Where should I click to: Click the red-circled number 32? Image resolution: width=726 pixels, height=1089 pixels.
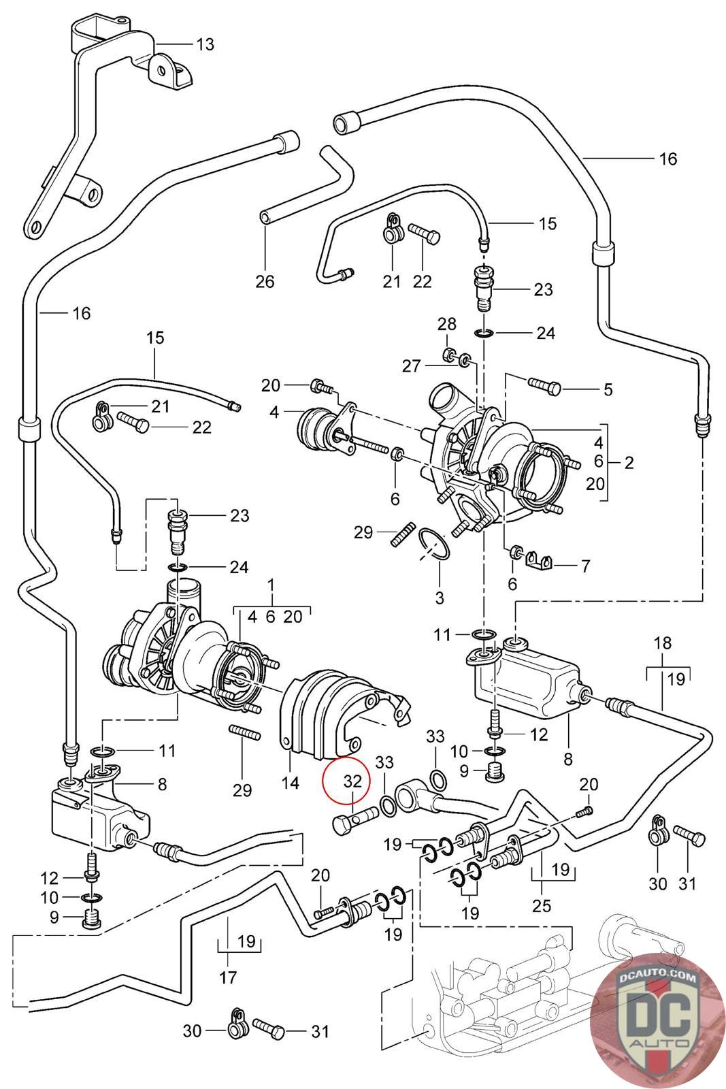point(352,781)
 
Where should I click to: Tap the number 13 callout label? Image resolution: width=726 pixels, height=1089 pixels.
point(205,45)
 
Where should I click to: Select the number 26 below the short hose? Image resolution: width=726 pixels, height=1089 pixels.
point(265,280)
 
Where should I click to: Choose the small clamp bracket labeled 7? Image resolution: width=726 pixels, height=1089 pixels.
point(540,562)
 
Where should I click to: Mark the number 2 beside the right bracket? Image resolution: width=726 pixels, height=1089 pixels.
point(629,463)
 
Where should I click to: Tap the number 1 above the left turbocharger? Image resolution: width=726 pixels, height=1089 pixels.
point(271,584)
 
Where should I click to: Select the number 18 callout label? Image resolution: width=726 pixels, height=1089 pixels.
point(662,643)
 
